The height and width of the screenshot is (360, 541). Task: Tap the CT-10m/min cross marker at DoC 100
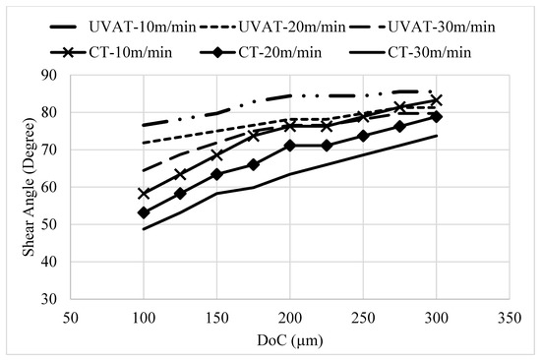(x=145, y=194)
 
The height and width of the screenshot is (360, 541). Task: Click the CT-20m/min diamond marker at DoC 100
(x=145, y=212)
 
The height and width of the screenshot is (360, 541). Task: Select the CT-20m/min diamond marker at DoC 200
(x=290, y=146)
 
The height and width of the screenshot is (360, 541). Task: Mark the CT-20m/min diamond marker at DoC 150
(x=217, y=174)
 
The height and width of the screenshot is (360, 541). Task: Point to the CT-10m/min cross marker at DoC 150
(x=217, y=154)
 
